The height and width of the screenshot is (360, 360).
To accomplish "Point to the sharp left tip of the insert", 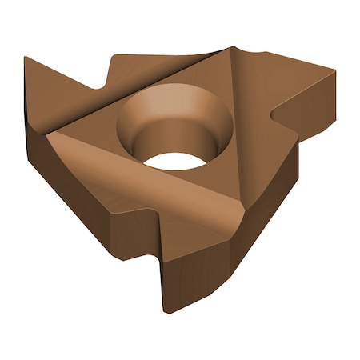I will [26, 58].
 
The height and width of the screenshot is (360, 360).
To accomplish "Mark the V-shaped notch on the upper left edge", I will [105, 84].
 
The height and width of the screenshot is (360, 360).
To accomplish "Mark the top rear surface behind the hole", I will [160, 66].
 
